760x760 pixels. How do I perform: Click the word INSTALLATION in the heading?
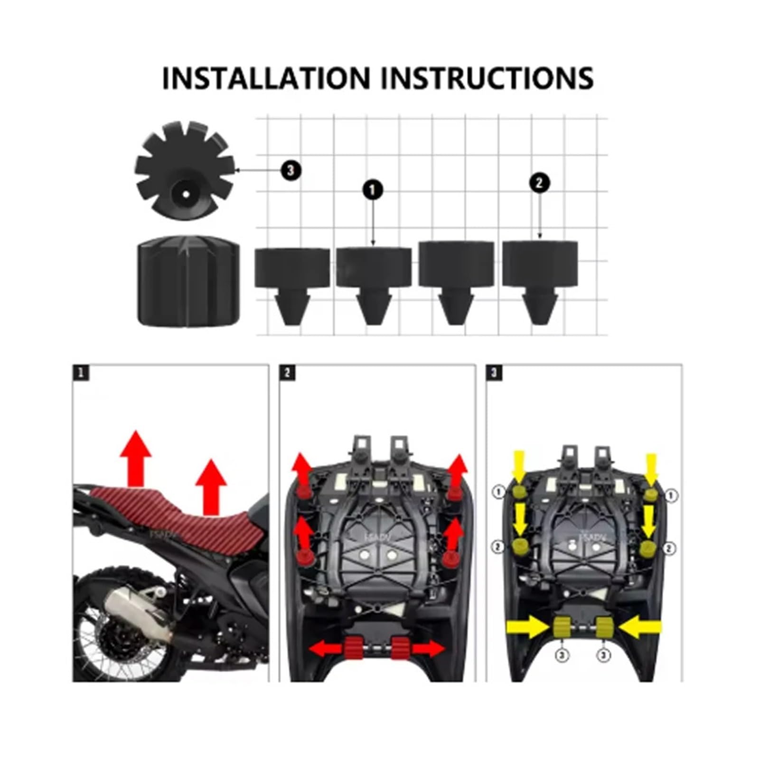tap(266, 78)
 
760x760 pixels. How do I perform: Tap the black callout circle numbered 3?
tap(291, 170)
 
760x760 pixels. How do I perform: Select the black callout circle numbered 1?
tap(373, 190)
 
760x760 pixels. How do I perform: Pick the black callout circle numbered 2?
tap(539, 183)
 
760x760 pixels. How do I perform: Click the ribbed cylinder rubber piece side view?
tap(188, 281)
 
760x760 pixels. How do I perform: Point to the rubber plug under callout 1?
tap(374, 282)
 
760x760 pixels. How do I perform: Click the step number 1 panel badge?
tap(81, 373)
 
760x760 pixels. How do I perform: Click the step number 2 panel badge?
tap(287, 373)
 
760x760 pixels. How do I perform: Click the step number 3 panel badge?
tap(494, 373)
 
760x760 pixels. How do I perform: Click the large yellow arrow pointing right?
tap(527, 628)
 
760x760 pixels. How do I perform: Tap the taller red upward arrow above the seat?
tap(136, 458)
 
